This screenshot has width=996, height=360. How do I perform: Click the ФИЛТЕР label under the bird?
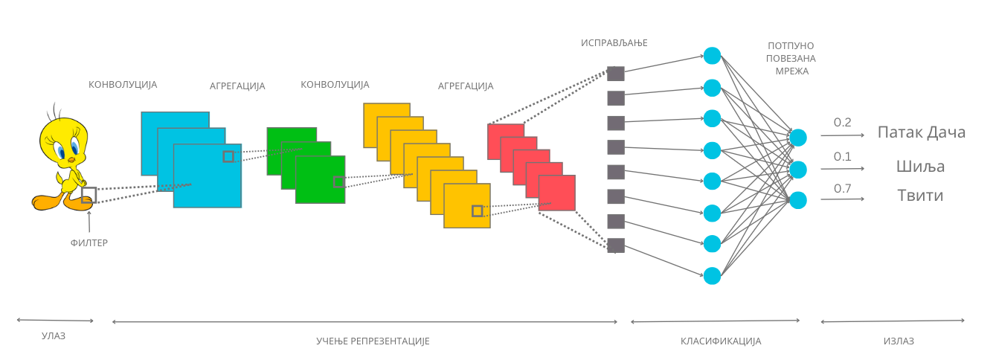pos(89,242)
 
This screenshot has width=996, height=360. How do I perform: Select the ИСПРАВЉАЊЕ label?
pos(614,43)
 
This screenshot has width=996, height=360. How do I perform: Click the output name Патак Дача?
pos(922,132)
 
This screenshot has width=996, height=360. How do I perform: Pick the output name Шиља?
pos(920,166)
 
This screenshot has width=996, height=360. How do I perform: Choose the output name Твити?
pos(920,195)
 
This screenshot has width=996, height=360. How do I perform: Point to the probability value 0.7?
pos(842,188)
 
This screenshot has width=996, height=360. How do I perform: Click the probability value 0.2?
pos(842,122)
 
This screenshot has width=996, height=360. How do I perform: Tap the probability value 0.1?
pos(842,156)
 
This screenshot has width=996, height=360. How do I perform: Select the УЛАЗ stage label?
pos(54,336)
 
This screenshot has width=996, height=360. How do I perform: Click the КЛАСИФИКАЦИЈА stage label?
pos(721,341)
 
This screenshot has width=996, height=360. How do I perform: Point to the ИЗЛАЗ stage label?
pos(899,341)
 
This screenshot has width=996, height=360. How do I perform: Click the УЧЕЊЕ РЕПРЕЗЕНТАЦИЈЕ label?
pos(373,341)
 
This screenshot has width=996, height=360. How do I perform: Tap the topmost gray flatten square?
pos(616,74)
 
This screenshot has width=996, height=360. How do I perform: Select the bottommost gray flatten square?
pos(616,245)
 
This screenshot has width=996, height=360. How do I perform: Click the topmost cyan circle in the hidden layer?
pos(712,56)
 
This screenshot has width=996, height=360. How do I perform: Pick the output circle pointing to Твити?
pos(797,200)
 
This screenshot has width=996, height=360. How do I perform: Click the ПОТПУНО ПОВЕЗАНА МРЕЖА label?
pos(791,58)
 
